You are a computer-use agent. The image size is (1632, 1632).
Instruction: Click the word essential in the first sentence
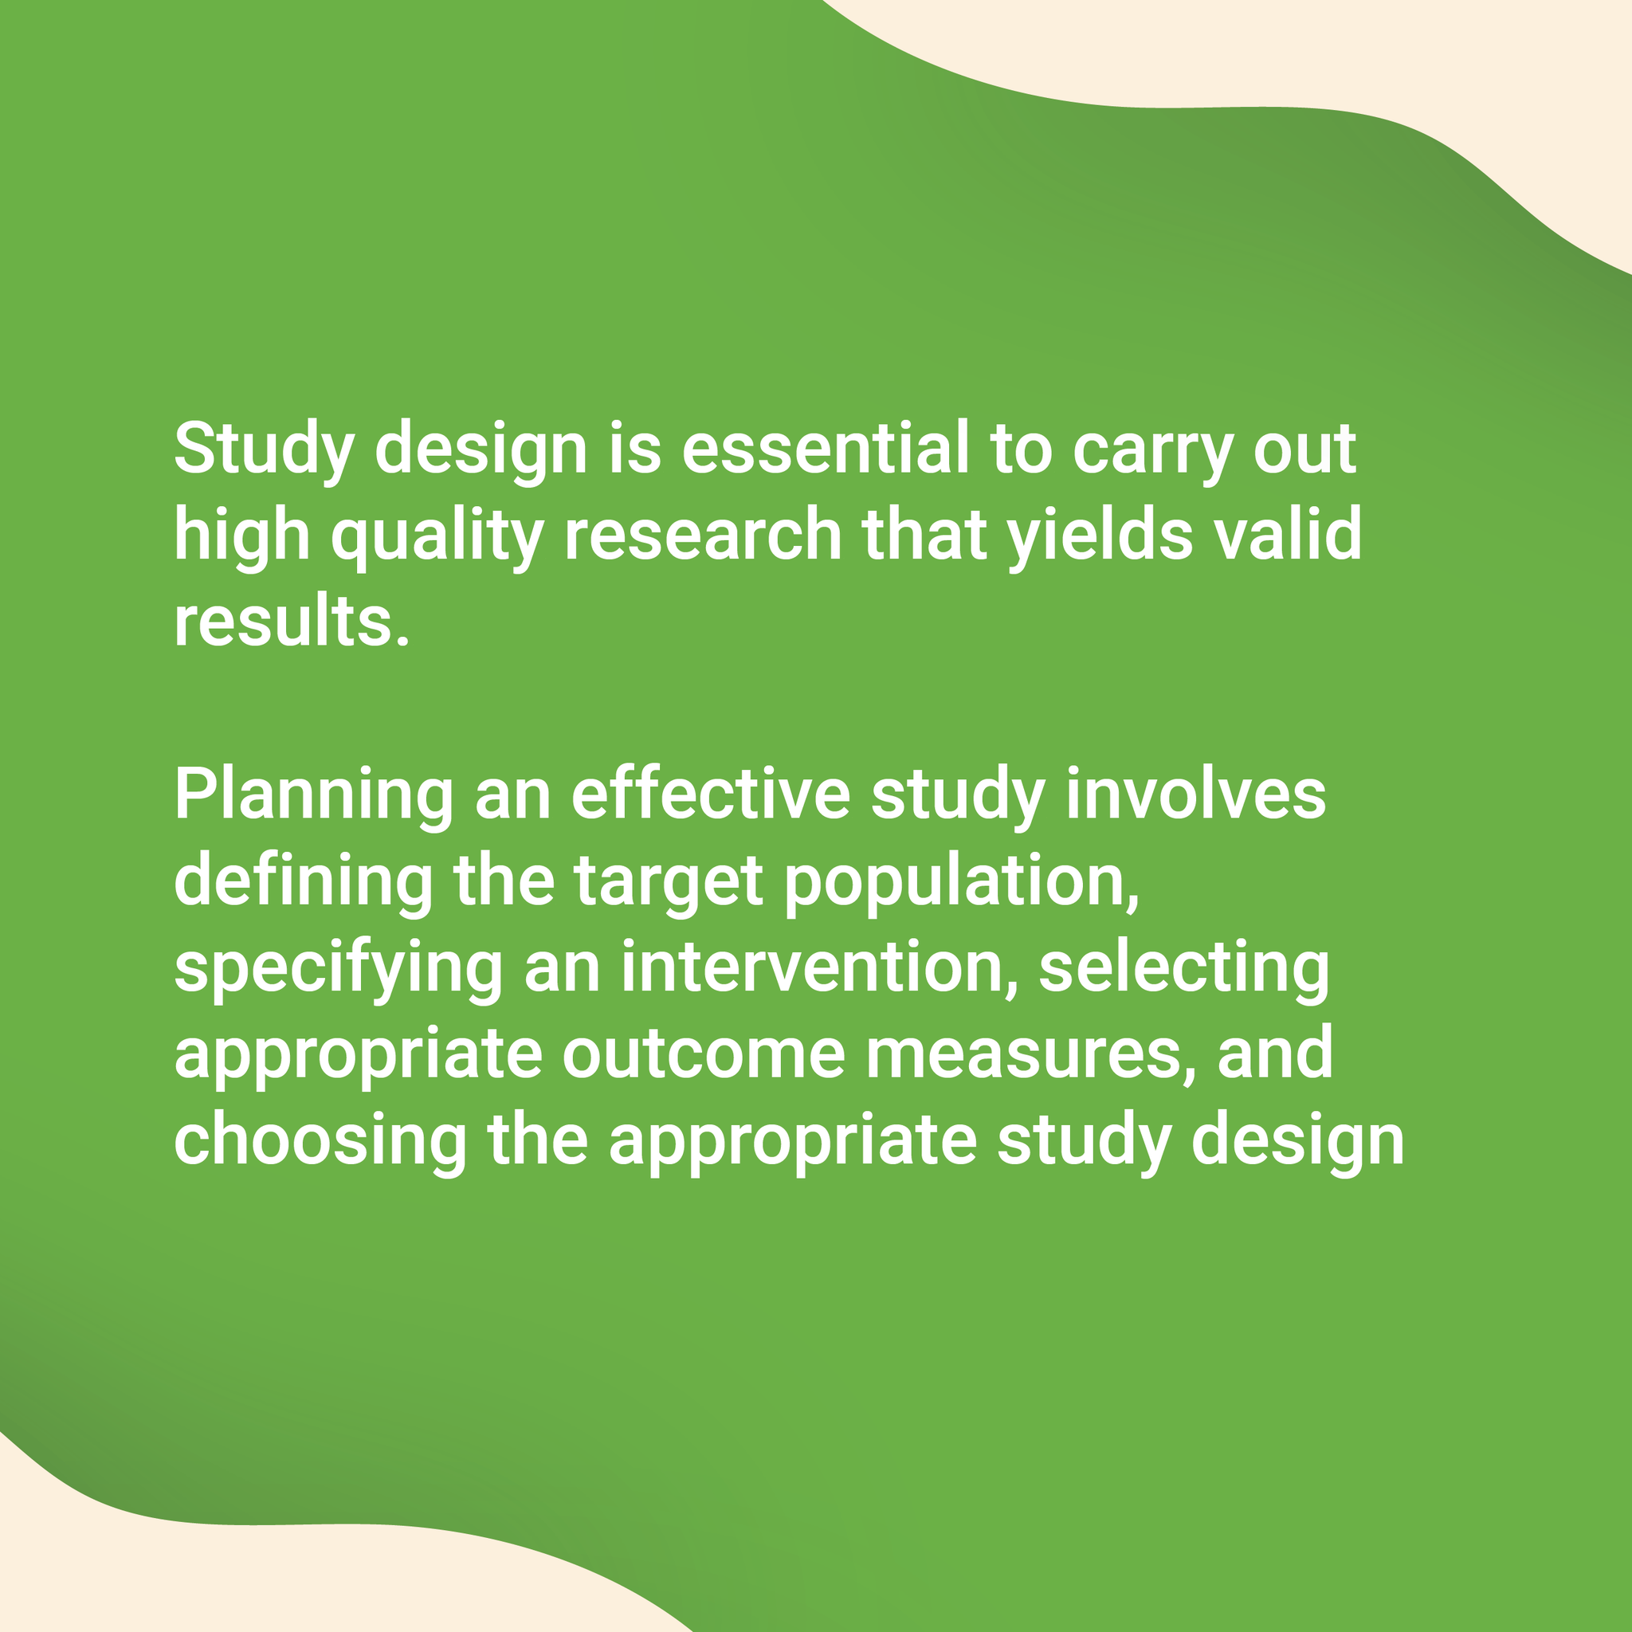pyautogui.click(x=825, y=449)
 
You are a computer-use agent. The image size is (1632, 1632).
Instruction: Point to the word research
pyautogui.click(x=702, y=535)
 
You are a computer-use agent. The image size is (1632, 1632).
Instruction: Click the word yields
pyautogui.click(x=1100, y=536)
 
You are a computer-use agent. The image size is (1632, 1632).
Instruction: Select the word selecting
pyautogui.click(x=1183, y=970)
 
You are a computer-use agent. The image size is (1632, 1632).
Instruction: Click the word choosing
pyautogui.click(x=320, y=1142)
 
